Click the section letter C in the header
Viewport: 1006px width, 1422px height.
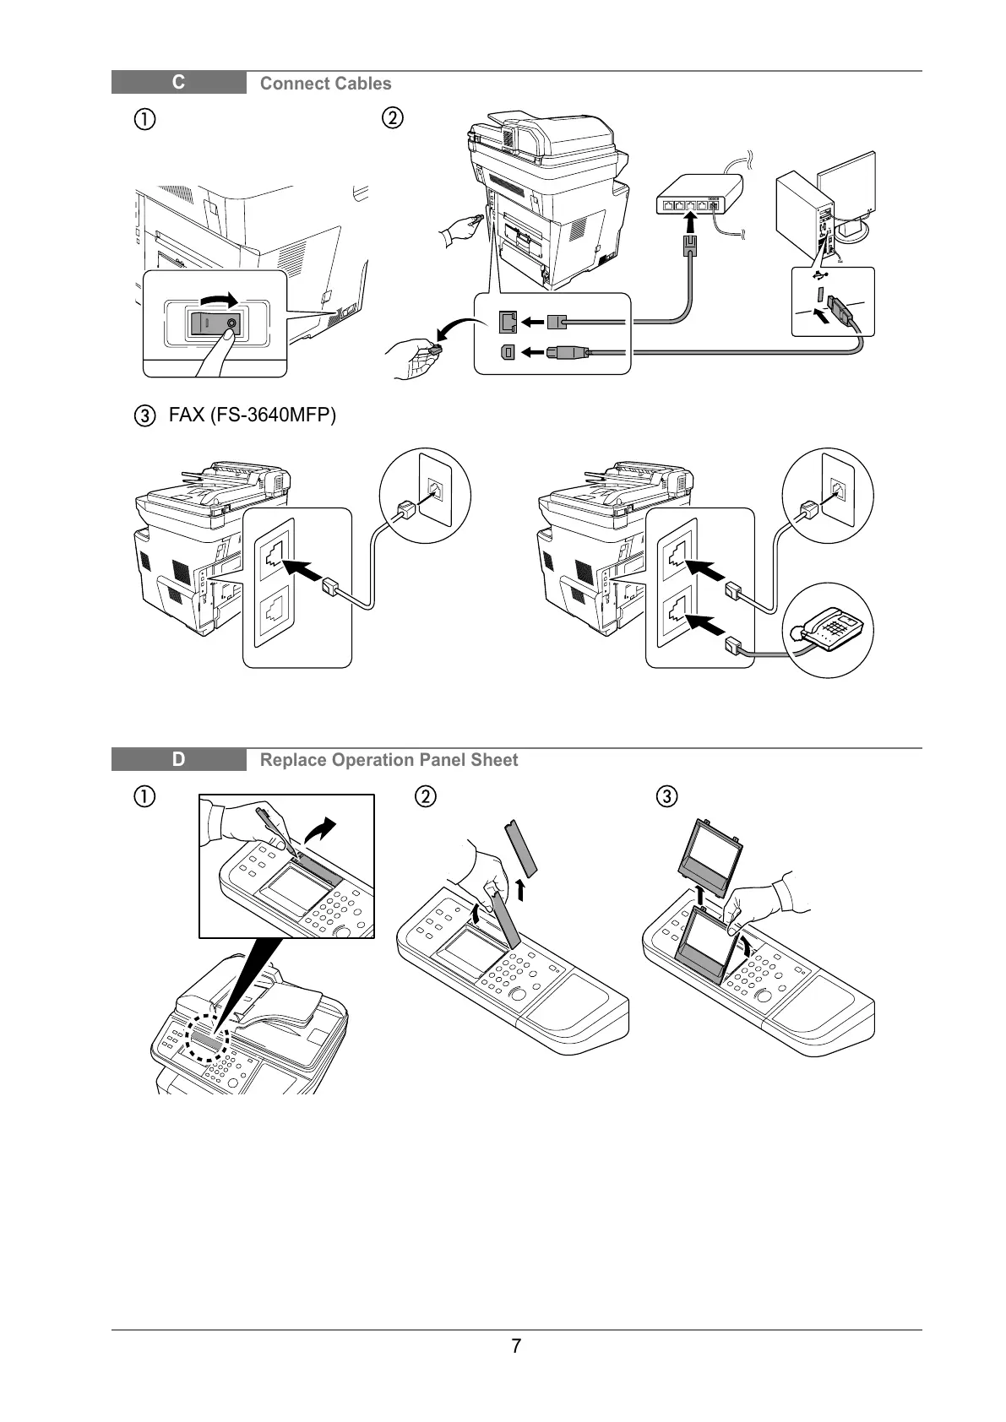coord(178,83)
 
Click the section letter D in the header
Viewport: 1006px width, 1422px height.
coord(178,759)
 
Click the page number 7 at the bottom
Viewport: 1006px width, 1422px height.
coord(516,1346)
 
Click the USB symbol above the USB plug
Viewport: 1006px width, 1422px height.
coord(819,275)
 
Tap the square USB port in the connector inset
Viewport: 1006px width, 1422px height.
coord(507,352)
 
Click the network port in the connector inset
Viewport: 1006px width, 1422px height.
coord(508,322)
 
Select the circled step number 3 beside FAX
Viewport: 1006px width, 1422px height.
coord(146,416)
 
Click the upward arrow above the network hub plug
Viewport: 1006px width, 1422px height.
coord(692,222)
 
